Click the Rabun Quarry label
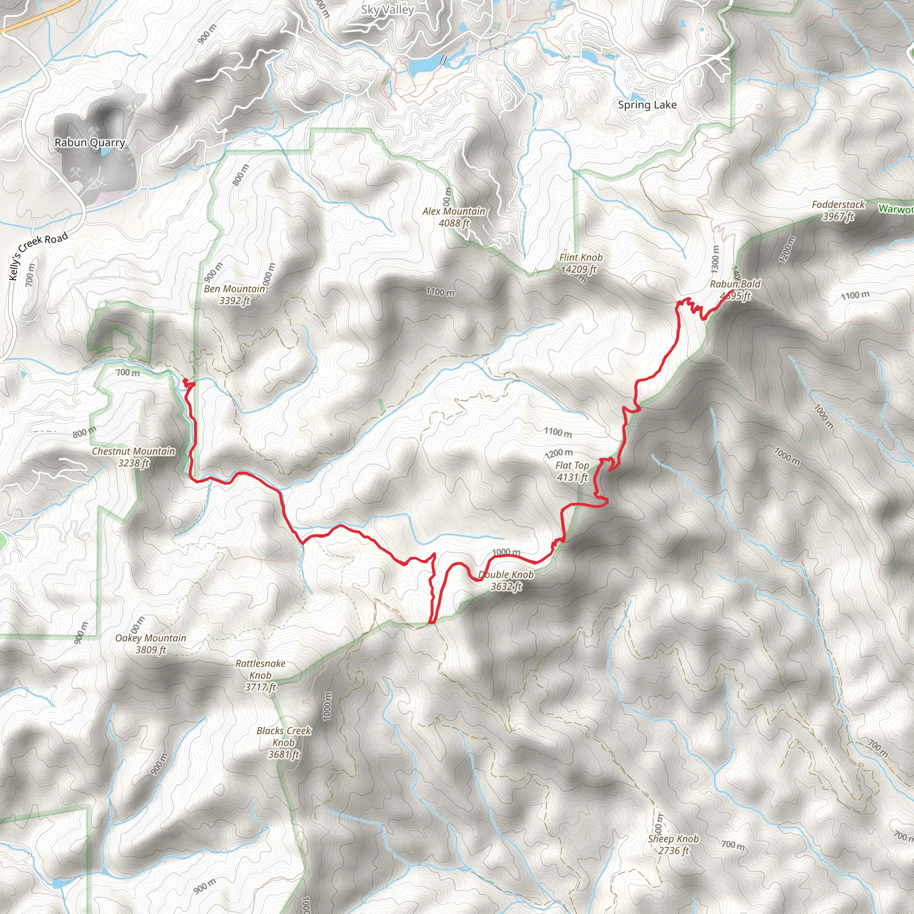coord(90,142)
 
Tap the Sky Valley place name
coord(387,9)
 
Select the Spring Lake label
coord(647,104)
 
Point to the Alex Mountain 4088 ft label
coord(454,216)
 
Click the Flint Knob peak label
coord(581,263)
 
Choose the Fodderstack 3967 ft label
coord(838,210)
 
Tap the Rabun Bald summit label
coord(735,290)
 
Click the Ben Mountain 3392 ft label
coord(234,294)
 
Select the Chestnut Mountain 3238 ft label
coord(133,457)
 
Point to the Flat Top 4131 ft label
coord(572,471)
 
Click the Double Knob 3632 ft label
coord(506,580)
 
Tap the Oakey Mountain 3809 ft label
coord(150,644)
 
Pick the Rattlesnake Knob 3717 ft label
coord(260,675)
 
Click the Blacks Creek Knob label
coord(283,742)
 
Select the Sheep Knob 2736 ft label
coord(673,844)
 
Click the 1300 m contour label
coord(715,259)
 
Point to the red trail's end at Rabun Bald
coord(732,290)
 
